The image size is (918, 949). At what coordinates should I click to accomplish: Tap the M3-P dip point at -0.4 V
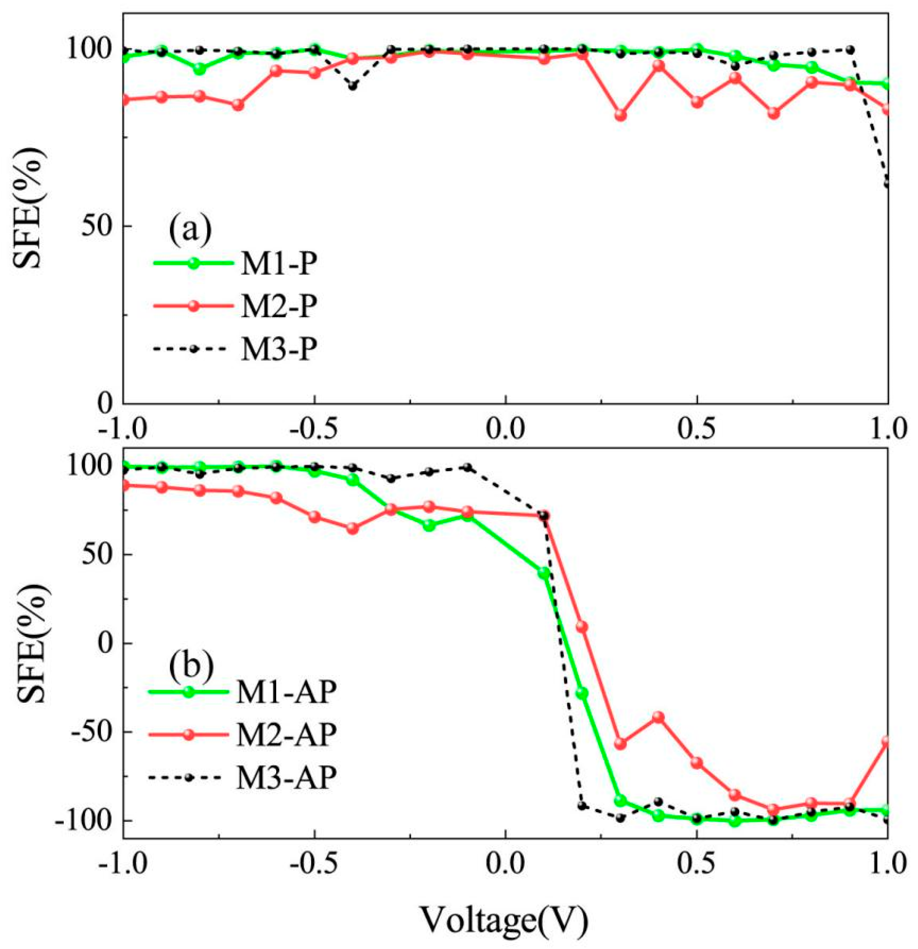click(352, 86)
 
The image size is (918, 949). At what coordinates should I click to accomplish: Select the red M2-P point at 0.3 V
click(620, 115)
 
